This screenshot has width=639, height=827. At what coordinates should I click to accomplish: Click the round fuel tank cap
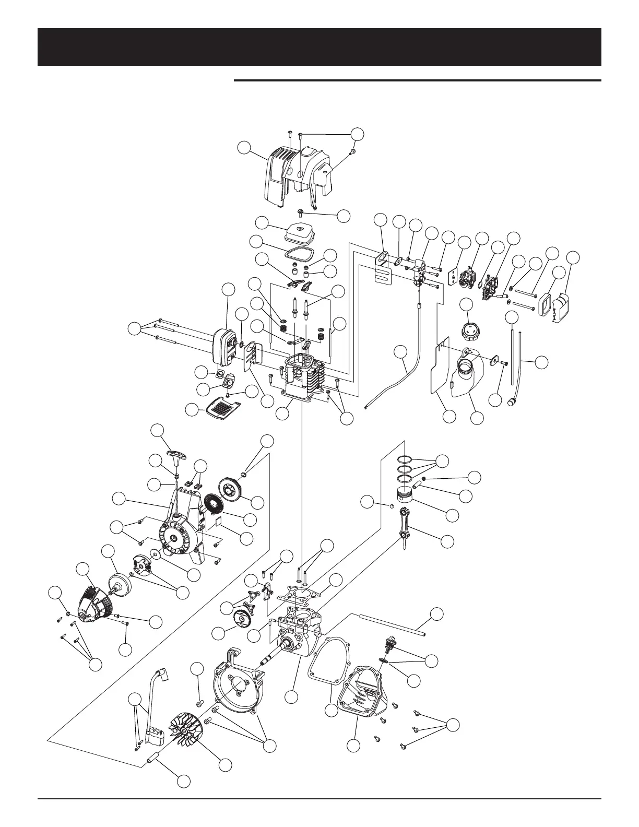click(467, 329)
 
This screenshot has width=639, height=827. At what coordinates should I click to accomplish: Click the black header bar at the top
click(319, 47)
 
